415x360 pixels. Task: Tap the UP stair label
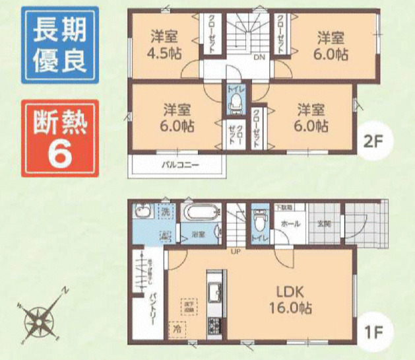click(234, 250)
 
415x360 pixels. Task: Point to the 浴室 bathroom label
click(197, 234)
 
